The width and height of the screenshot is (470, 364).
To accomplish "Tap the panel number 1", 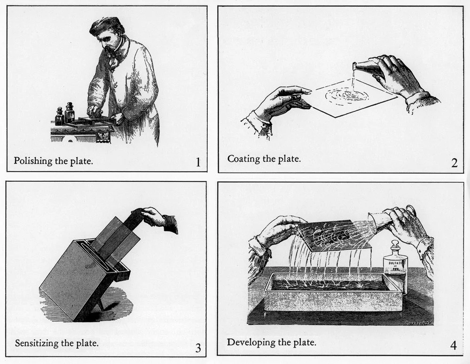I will pyautogui.click(x=198, y=163).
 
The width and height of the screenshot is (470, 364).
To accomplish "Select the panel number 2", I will pyautogui.click(x=454, y=163).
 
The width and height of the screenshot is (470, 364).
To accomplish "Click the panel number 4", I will pyautogui.click(x=453, y=346).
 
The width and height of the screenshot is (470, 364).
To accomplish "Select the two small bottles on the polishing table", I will pyautogui.click(x=65, y=114).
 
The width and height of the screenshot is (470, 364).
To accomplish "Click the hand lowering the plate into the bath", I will pyautogui.click(x=155, y=217).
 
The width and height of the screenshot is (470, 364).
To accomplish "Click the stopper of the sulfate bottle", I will pyautogui.click(x=395, y=245).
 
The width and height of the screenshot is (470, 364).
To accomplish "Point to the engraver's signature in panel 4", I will pyautogui.click(x=417, y=323).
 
